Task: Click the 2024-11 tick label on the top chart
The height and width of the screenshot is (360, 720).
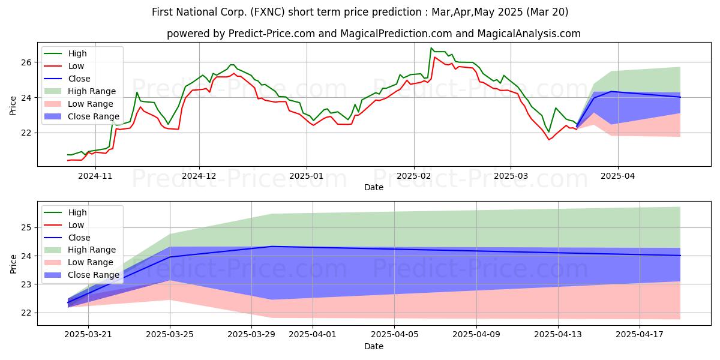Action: click(95, 176)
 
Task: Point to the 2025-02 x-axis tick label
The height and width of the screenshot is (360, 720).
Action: click(413, 176)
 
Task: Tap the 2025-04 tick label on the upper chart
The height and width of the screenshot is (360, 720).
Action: click(618, 176)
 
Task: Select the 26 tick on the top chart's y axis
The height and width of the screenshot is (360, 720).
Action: click(26, 62)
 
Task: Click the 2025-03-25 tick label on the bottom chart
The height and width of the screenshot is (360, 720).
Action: click(170, 335)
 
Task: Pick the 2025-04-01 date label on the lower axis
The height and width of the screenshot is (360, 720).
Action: click(313, 335)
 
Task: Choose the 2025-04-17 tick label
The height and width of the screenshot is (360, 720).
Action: click(640, 335)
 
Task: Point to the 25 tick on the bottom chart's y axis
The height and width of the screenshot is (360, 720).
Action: click(26, 228)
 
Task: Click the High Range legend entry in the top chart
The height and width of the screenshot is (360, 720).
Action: click(80, 91)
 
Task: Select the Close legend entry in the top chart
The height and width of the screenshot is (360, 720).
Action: click(67, 79)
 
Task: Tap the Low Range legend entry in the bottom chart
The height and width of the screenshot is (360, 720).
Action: click(79, 262)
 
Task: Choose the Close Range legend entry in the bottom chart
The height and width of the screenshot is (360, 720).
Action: click(82, 275)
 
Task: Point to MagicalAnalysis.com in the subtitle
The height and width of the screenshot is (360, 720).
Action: click(529, 34)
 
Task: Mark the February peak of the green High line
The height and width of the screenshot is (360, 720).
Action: click(431, 48)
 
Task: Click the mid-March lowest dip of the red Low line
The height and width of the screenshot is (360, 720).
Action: click(549, 139)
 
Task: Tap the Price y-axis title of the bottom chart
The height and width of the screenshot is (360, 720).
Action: click(13, 264)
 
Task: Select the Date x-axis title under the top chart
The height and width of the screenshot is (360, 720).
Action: click(374, 187)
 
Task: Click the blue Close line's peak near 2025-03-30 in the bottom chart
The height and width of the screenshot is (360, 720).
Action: click(272, 247)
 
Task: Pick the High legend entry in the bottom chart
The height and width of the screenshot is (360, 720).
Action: click(65, 212)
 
